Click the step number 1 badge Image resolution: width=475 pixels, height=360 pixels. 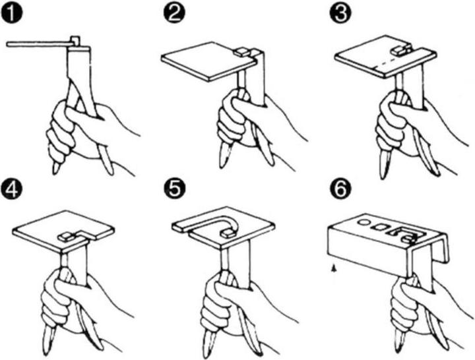(11, 14)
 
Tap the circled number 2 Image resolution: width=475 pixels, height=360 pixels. (174, 14)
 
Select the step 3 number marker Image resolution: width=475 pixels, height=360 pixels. (340, 14)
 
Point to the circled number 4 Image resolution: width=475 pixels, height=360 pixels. (11, 190)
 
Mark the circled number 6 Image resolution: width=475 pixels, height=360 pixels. (340, 190)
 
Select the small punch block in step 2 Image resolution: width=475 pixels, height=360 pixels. (242, 52)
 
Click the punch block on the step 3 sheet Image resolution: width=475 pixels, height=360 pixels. (402, 49)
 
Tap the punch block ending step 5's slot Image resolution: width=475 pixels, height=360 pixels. (228, 233)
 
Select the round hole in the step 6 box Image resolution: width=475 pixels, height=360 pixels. (364, 222)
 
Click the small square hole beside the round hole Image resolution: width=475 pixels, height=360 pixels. (380, 225)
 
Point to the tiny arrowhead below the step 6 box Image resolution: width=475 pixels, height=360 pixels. (334, 267)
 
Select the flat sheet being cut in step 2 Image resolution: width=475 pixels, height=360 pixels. (209, 61)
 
